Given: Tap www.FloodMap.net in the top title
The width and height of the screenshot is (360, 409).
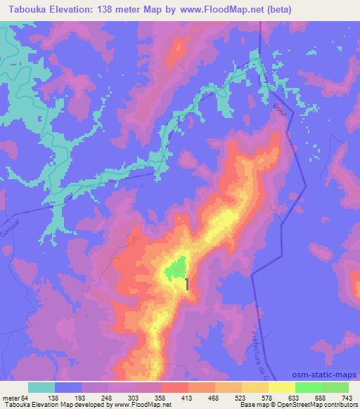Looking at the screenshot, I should click(217, 10).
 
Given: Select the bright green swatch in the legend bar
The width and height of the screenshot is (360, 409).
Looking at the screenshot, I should click(309, 387).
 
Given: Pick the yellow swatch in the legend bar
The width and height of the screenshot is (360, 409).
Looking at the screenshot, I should click(282, 387).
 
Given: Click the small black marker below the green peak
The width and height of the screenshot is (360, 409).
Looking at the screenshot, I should click(187, 283).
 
